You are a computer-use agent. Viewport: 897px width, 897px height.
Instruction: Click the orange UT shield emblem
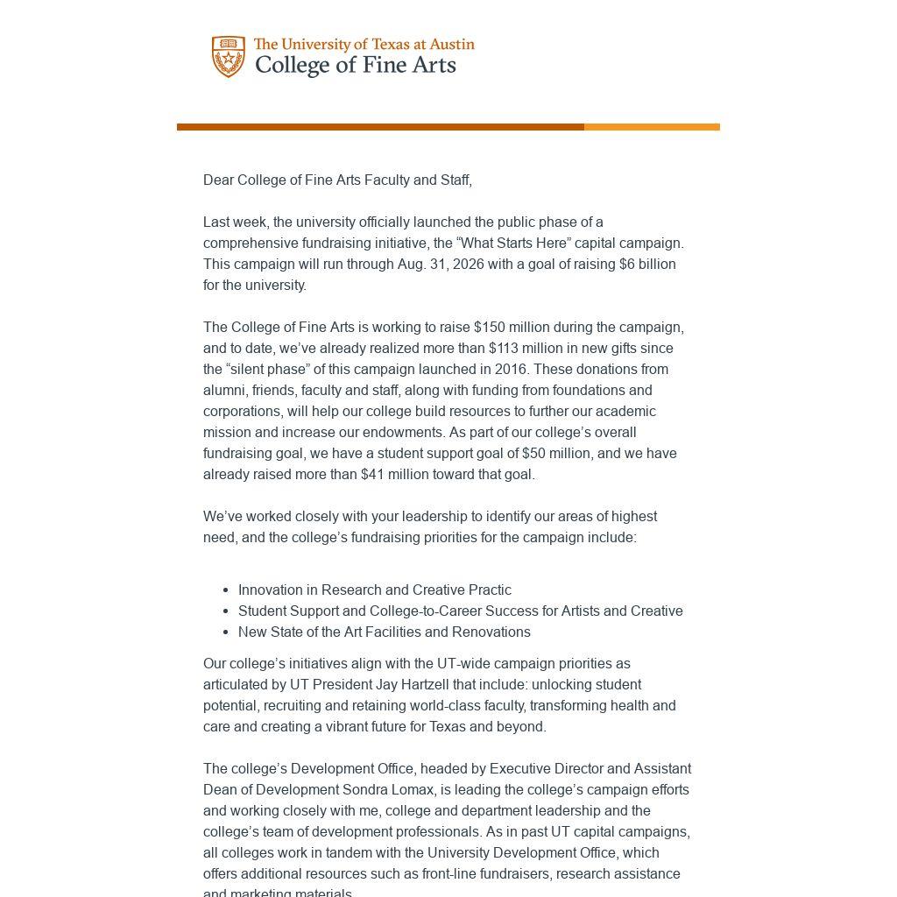coord(229,57)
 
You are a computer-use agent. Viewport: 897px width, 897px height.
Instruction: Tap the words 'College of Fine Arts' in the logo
coord(355,66)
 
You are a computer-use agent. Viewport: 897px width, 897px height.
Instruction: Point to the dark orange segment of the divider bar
coord(380,127)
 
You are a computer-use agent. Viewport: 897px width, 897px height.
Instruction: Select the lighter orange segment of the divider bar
coord(652,127)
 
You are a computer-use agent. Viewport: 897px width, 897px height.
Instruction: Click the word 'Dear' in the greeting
coord(218,180)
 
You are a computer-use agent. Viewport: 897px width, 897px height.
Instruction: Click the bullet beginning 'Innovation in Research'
coord(374,590)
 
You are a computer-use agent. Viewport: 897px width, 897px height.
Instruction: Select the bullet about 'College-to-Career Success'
coord(460,611)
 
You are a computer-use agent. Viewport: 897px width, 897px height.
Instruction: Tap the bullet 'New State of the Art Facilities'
coord(384,632)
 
